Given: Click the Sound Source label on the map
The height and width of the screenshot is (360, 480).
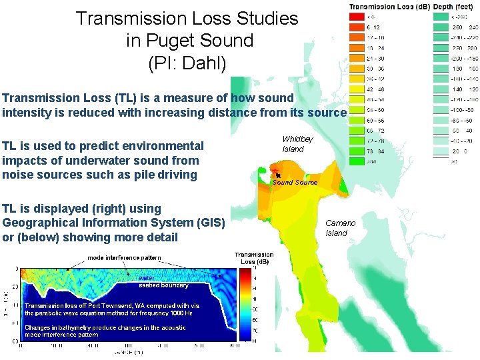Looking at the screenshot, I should (x=295, y=182).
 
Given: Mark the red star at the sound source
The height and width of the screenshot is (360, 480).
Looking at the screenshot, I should (x=278, y=175).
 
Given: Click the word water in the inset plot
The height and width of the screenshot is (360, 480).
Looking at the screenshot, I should (x=146, y=278).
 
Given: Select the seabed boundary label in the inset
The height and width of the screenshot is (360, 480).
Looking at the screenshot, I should (x=163, y=285).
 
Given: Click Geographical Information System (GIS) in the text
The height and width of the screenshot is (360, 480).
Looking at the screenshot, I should (x=113, y=223).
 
